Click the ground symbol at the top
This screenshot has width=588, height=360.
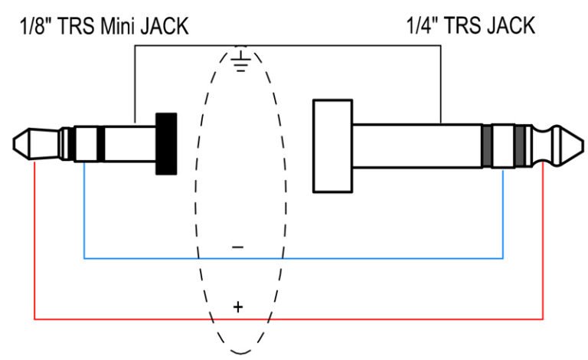[240, 60]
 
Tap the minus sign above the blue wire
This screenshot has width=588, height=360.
[238, 247]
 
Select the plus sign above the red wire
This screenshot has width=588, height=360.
[238, 307]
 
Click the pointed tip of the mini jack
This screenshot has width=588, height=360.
[14, 144]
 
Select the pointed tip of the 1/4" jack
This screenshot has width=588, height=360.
[583, 146]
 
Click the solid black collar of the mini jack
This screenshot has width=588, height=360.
[166, 144]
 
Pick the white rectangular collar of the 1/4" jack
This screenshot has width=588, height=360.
[332, 146]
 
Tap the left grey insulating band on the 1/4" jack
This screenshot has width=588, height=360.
[486, 146]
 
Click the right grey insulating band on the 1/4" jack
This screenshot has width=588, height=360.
[520, 146]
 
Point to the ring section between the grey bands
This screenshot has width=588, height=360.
[503, 146]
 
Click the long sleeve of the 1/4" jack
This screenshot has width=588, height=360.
[417, 146]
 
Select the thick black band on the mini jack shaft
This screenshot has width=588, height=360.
[100, 144]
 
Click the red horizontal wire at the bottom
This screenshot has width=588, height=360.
[289, 319]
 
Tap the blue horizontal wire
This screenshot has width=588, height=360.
[293, 258]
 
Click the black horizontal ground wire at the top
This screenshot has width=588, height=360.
[288, 46]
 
